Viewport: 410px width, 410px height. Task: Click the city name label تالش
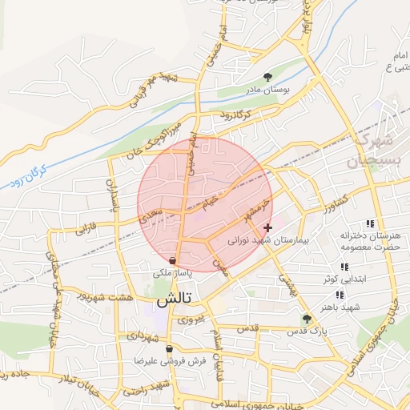[x=174, y=301]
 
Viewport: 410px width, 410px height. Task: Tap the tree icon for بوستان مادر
[x=267, y=78]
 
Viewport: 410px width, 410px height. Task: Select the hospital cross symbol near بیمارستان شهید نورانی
[x=267, y=228]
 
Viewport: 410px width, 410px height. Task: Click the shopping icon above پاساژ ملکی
[x=174, y=260]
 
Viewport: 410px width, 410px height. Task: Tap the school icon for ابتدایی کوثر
[x=344, y=267]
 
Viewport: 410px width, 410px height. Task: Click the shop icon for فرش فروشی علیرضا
[x=168, y=349]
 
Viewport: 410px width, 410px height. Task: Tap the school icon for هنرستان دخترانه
[x=370, y=223]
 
